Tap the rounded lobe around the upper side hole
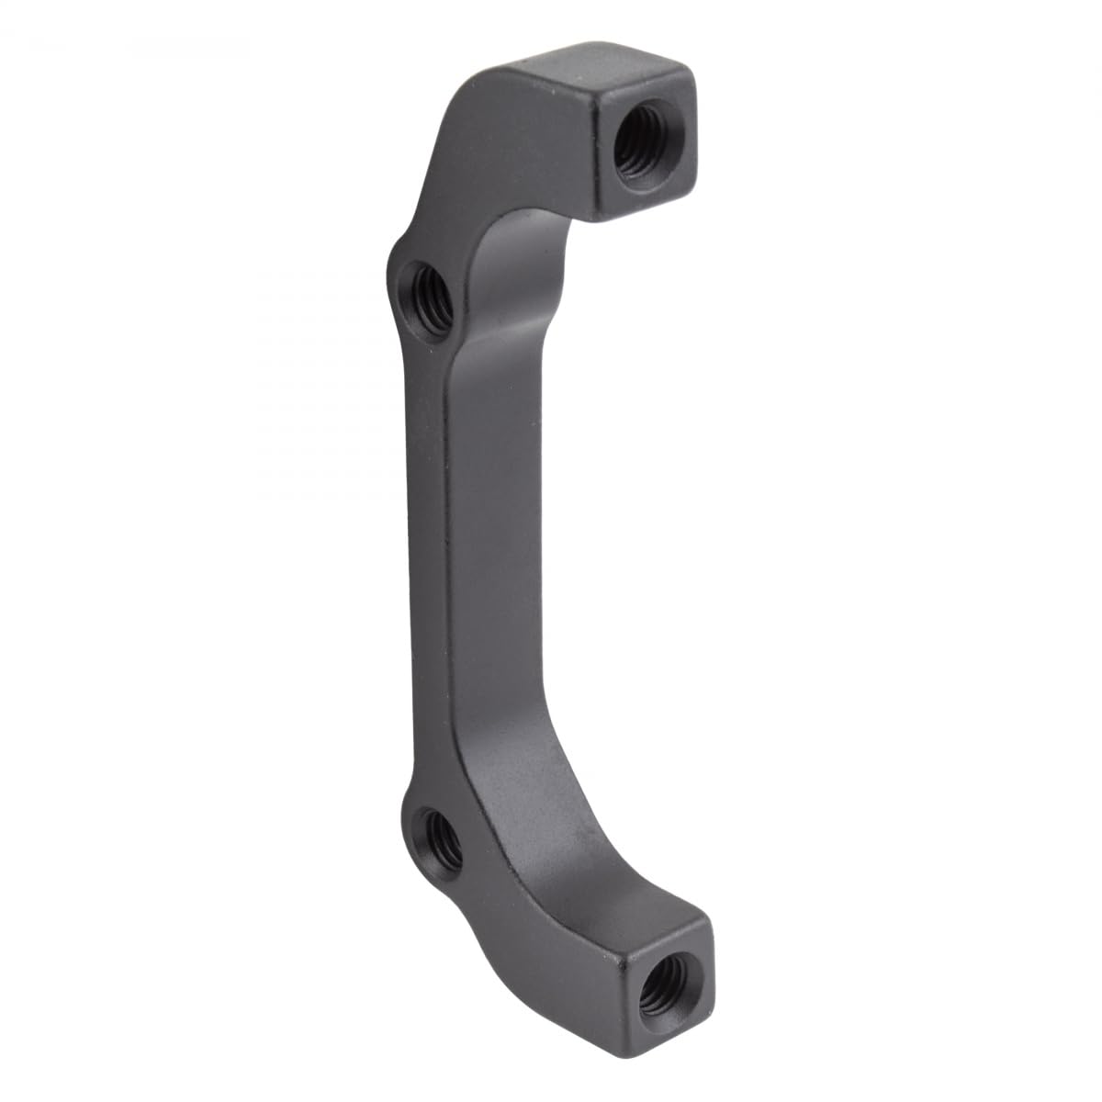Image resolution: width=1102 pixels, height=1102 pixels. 409,275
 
